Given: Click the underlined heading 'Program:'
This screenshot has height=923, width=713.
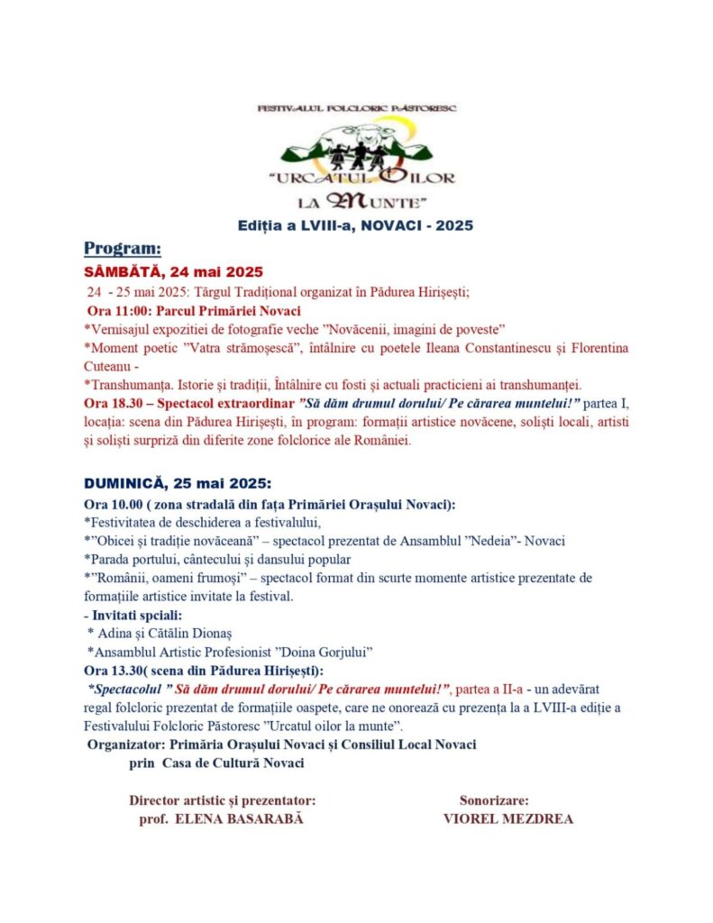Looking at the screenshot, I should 123,248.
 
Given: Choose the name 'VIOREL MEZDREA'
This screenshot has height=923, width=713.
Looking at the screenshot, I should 507,819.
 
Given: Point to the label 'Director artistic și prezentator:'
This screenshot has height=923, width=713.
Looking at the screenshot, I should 222,800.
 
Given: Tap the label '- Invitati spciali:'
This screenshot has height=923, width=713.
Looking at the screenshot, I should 132,616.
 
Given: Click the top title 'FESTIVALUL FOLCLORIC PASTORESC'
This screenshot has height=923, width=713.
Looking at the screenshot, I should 357,108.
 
